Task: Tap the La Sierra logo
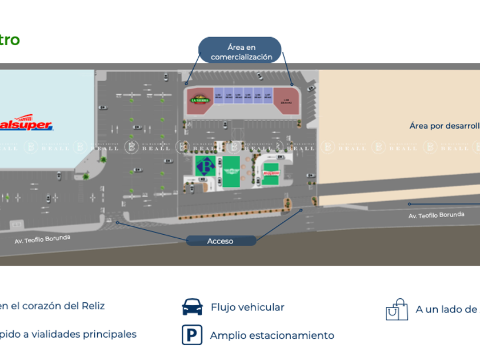tap(200, 99)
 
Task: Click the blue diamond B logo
tap(205, 166)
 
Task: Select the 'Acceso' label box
tap(221, 241)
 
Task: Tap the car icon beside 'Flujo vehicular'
tap(192, 307)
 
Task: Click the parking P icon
tap(192, 335)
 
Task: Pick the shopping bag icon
tap(397, 310)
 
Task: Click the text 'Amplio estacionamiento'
tap(272, 335)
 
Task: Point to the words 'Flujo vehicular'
tap(247, 307)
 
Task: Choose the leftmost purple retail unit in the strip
tap(219, 95)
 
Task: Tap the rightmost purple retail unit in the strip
tap(267, 95)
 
